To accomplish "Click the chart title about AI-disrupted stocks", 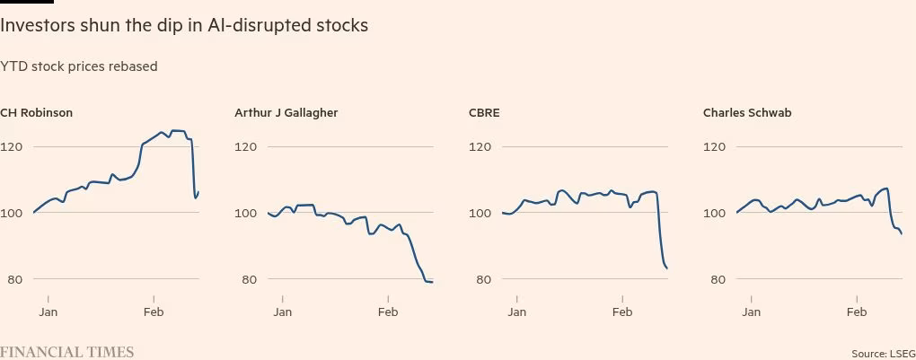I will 184,25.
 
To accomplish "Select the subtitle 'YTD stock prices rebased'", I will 79,66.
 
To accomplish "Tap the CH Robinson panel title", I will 36,113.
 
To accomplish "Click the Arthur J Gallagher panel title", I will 286,113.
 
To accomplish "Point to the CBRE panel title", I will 484,113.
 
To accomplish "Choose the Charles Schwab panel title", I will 747,113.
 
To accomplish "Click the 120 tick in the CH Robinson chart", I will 12,146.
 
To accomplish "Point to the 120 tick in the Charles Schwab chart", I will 715,146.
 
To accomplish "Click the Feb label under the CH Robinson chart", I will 154,312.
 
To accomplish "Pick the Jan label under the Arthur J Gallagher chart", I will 282,312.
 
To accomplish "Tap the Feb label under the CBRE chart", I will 622,312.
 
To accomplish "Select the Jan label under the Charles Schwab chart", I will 751,312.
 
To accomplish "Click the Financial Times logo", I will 66,352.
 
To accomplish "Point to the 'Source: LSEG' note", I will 883,354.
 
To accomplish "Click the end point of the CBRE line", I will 666,268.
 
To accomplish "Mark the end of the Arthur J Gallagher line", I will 432,283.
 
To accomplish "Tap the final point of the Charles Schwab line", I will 901,234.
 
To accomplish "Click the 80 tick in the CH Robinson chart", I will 12,279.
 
